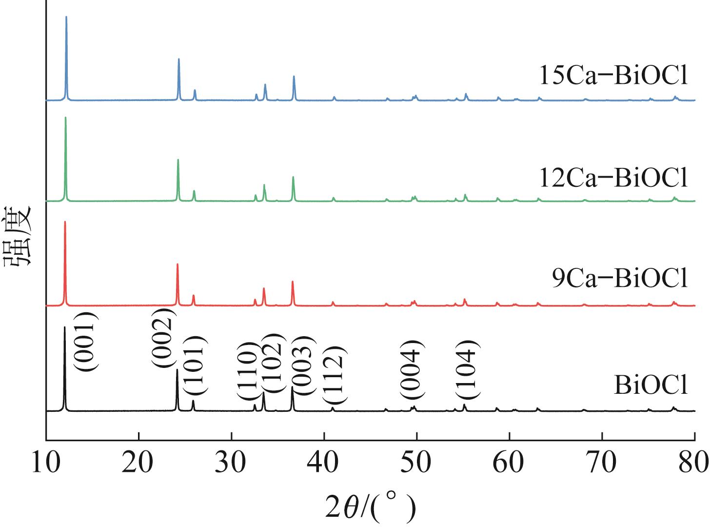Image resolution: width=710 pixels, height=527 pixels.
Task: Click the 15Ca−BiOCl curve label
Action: click(613, 77)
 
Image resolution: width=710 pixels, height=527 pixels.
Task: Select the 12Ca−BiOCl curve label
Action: click(613, 178)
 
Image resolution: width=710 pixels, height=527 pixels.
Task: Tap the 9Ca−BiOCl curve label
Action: click(620, 280)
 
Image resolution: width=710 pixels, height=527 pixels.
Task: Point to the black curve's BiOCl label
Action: click(651, 385)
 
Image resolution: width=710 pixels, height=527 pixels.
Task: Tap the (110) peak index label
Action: click(247, 371)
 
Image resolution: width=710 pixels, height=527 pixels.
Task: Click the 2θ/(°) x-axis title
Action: click(371, 507)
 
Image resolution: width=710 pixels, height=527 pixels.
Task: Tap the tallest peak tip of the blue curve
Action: click(66, 17)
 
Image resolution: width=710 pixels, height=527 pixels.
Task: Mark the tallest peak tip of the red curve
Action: click(65, 222)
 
